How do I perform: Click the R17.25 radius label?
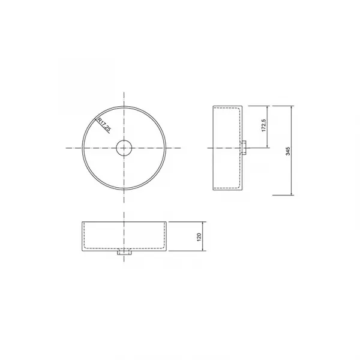coord(104,125)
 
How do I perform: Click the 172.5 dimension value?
coord(264,125)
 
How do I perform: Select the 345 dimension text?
coord(288,151)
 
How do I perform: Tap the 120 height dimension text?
coord(199,237)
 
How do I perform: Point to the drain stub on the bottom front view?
coord(124,253)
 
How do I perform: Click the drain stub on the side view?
coord(244,148)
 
